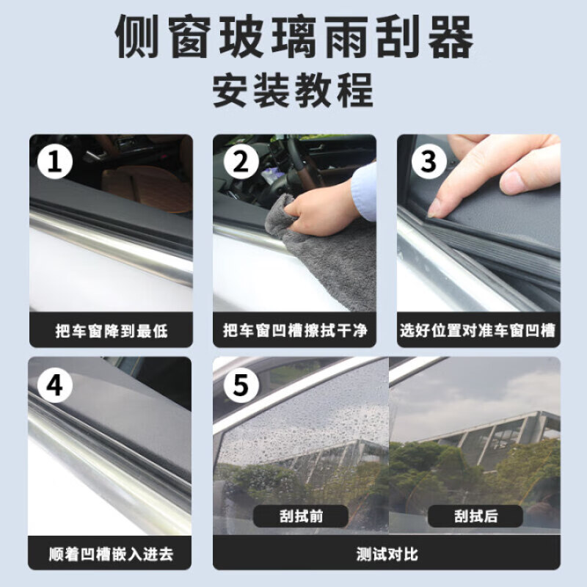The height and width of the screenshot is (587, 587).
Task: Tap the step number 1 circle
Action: tap(54, 161)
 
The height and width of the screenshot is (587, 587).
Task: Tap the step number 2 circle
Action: tap(240, 161)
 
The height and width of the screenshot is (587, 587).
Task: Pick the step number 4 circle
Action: tap(54, 384)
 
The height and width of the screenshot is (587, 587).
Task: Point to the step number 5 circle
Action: tap(240, 384)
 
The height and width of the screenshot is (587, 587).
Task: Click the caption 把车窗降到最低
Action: tap(111, 332)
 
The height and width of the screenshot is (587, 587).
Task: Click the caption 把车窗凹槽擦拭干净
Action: tap(294, 332)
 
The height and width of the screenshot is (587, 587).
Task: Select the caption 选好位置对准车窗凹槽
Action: tap(478, 332)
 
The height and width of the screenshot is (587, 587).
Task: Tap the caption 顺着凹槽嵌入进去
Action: tap(111, 554)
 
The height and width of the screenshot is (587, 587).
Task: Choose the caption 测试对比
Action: tap(387, 554)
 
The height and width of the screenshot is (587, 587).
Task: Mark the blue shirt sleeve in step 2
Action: tap(365, 192)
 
